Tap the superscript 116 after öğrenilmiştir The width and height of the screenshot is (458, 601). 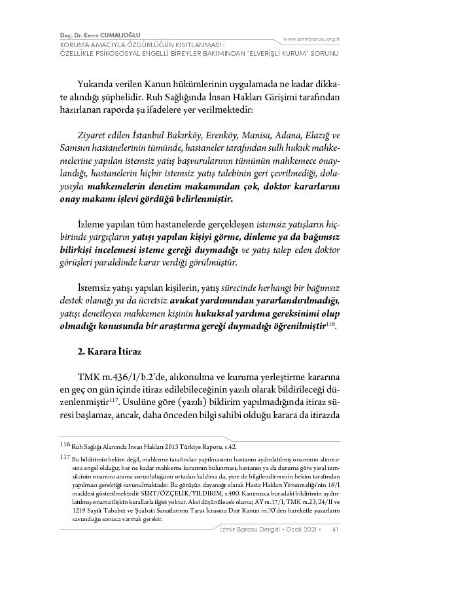331,324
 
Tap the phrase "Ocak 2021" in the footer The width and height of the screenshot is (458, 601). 301,529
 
